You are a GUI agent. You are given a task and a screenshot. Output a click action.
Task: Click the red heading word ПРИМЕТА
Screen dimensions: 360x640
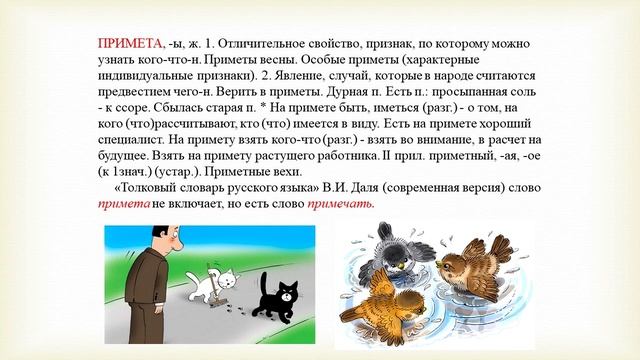point(129,46)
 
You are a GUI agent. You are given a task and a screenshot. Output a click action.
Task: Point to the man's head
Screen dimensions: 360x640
point(164,240)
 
